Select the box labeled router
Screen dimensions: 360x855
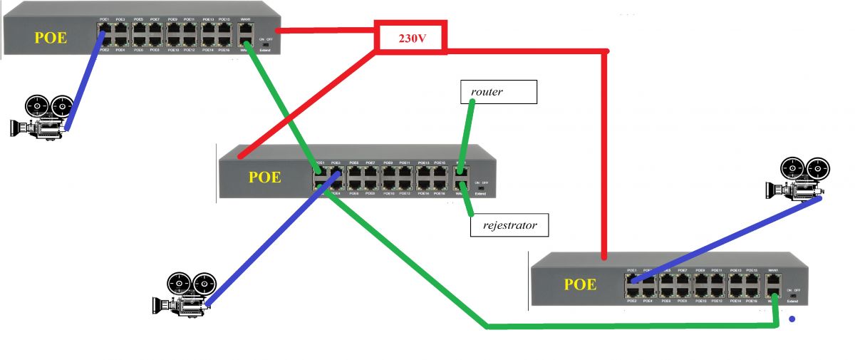(x=499, y=91)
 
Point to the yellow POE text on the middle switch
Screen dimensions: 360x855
(x=264, y=177)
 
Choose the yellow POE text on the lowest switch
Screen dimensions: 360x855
(x=580, y=284)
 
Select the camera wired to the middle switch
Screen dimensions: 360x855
(x=184, y=294)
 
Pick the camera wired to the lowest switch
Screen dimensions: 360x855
(x=798, y=180)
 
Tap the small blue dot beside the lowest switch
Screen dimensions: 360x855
(x=790, y=319)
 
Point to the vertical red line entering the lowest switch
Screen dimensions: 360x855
(x=605, y=157)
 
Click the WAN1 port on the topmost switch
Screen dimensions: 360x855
(x=245, y=31)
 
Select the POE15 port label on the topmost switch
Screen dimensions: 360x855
(x=223, y=19)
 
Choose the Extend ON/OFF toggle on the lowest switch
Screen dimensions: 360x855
(x=792, y=295)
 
